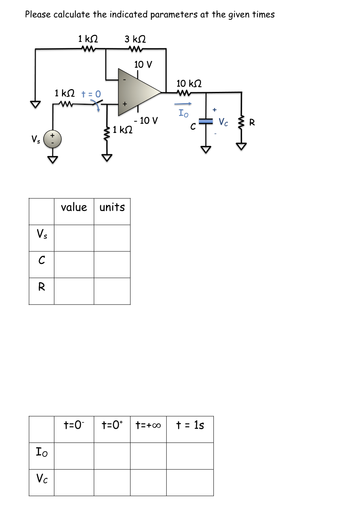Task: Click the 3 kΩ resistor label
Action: pyautogui.click(x=135, y=39)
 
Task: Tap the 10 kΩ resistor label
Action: pyautogui.click(x=189, y=83)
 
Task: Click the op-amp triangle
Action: pyautogui.click(x=137, y=92)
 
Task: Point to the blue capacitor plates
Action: pyautogui.click(x=206, y=121)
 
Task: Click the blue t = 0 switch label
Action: pyautogui.click(x=91, y=94)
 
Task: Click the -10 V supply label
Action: pyautogui.click(x=147, y=120)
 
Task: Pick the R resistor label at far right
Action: pyautogui.click(x=252, y=123)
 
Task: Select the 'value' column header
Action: pyautogui.click(x=74, y=207)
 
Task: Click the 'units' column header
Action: pyautogui.click(x=112, y=207)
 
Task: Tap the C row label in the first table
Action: pyautogui.click(x=41, y=261)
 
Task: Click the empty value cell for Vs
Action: pyautogui.click(x=74, y=238)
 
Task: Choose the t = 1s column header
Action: pyautogui.click(x=190, y=425)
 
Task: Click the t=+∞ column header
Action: pyautogui.click(x=148, y=425)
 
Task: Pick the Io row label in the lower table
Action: pyautogui.click(x=41, y=452)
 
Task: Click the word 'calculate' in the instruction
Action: pyautogui.click(x=72, y=15)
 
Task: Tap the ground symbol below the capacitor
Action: pyautogui.click(x=206, y=150)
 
